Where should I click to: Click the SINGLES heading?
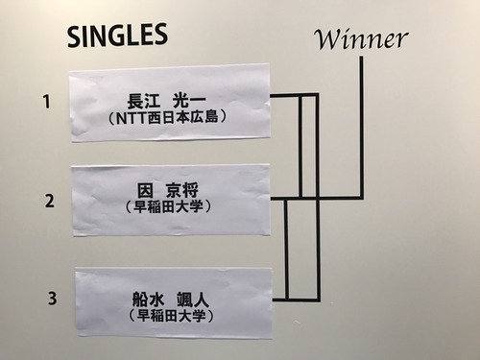tap(117, 36)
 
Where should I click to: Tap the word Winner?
tap(361, 38)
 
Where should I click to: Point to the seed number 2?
tap(48, 201)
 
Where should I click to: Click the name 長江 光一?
tap(169, 100)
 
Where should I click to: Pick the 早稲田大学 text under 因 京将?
tap(168, 206)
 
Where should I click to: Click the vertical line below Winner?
tap(362, 125)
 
